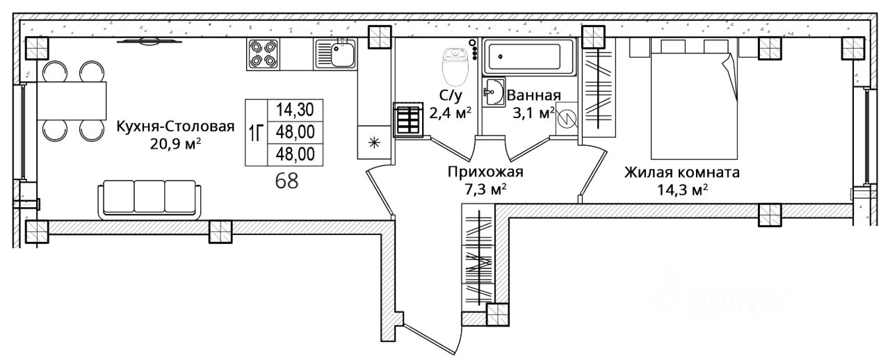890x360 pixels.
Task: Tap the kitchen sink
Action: click(x=336, y=54)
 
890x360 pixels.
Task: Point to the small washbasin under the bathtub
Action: click(x=494, y=93)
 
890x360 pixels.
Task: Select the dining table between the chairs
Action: click(x=72, y=100)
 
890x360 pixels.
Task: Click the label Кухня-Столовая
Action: click(x=175, y=126)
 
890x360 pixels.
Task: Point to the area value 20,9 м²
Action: click(x=175, y=144)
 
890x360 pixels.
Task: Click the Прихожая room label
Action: click(x=485, y=172)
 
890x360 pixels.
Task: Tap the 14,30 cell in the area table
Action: click(x=295, y=109)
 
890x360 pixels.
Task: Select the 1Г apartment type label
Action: click(x=256, y=131)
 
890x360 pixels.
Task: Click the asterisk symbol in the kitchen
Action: click(x=373, y=144)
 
